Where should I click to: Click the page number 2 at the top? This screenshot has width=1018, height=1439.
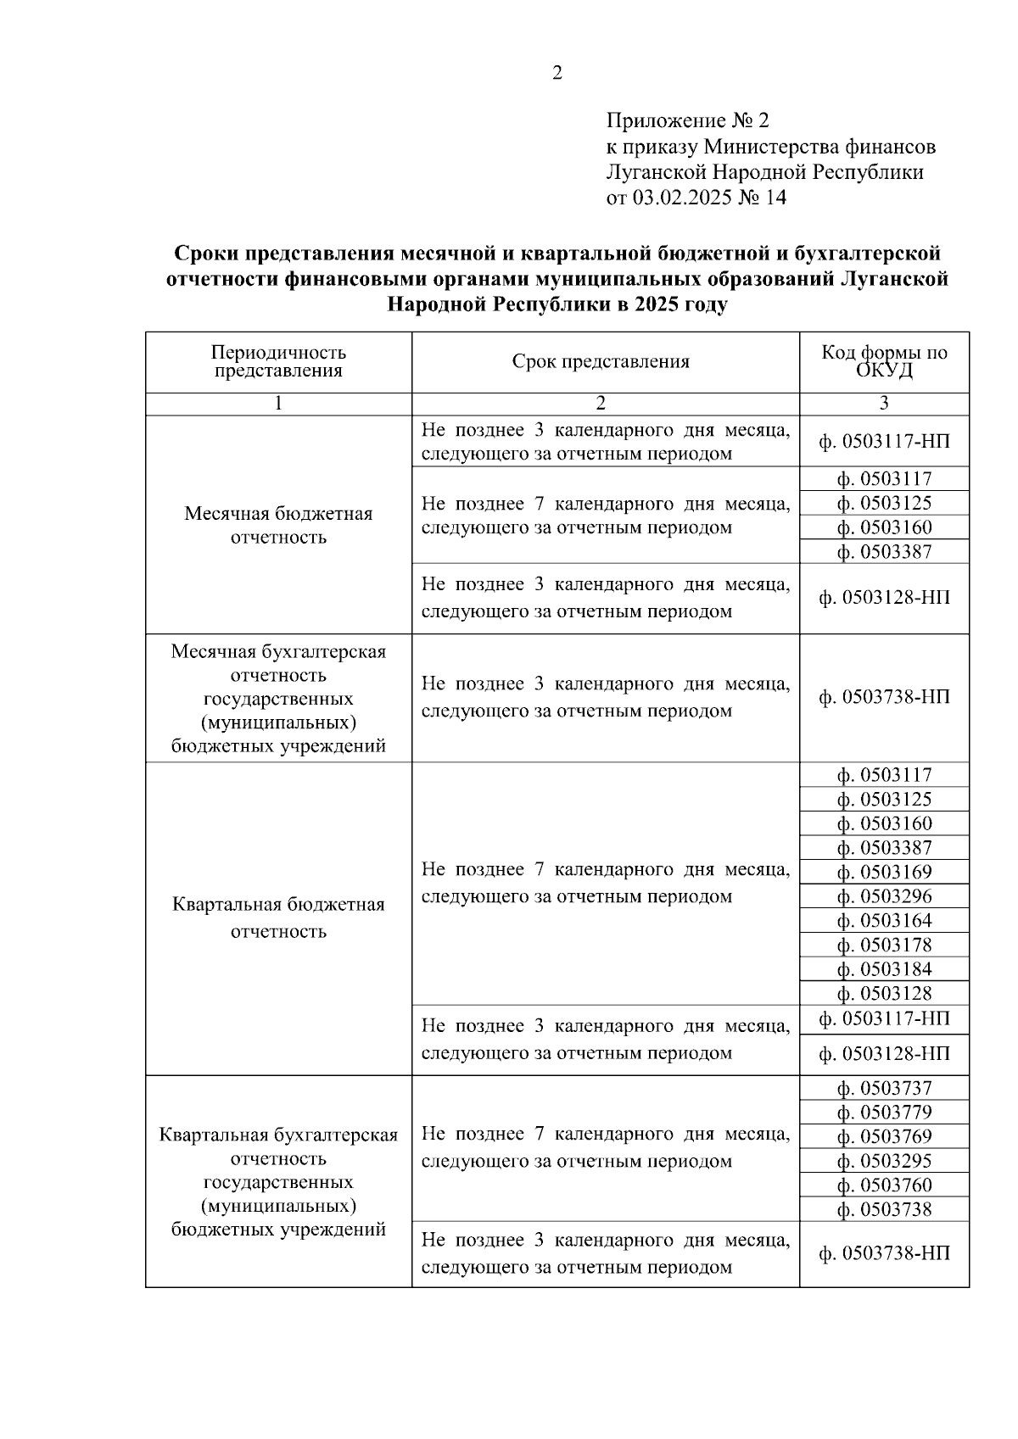tap(557, 74)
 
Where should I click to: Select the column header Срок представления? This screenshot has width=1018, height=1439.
tap(601, 362)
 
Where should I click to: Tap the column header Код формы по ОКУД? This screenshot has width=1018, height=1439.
tap(884, 362)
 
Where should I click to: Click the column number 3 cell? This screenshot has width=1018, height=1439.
tap(884, 404)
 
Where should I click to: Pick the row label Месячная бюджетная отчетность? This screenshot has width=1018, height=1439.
tap(278, 525)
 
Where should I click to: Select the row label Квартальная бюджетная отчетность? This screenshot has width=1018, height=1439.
tap(278, 918)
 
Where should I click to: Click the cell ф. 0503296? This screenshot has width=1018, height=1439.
tap(884, 896)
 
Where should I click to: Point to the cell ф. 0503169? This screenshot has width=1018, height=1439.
tap(884, 873)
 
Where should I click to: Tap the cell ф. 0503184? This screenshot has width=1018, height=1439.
tap(884, 969)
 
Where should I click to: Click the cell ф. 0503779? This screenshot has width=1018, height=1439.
tap(884, 1113)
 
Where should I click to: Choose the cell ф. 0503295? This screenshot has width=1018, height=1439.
tap(884, 1161)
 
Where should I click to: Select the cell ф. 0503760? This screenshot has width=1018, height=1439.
tap(884, 1185)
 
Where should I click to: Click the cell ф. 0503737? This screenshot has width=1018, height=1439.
tap(884, 1088)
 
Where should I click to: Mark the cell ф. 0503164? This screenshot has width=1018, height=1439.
tap(884, 921)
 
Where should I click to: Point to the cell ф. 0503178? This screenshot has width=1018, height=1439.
tap(884, 945)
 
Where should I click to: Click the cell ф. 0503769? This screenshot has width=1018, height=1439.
tap(884, 1136)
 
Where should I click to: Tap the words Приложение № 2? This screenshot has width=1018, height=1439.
tap(687, 120)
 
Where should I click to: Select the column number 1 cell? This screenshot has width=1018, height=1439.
tap(278, 404)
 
